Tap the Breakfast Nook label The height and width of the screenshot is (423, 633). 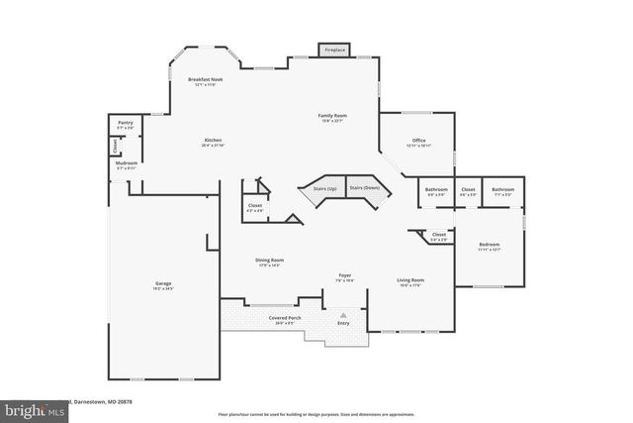click(205, 79)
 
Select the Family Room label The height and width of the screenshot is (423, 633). click(331, 117)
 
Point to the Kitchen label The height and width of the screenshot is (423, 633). click(213, 141)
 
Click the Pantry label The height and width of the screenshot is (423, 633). click(125, 124)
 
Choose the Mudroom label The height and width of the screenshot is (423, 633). click(125, 163)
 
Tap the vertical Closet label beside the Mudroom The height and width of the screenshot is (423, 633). click(114, 145)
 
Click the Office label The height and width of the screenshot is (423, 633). click(418, 141)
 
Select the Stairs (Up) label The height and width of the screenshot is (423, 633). click(324, 187)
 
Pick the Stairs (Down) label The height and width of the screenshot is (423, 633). click(364, 187)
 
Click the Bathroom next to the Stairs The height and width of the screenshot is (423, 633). click(436, 189)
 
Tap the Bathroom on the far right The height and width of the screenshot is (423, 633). click(503, 189)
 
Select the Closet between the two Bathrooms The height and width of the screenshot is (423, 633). click(469, 189)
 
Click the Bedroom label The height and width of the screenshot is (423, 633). click(490, 244)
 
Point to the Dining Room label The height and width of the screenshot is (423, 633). click(270, 261)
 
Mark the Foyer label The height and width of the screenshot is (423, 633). click(345, 275)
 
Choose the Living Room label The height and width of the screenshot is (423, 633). click(410, 280)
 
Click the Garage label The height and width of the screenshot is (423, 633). click(162, 284)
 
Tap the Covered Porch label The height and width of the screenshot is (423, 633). click(285, 318)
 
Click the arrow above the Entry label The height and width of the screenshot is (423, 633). click(343, 314)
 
